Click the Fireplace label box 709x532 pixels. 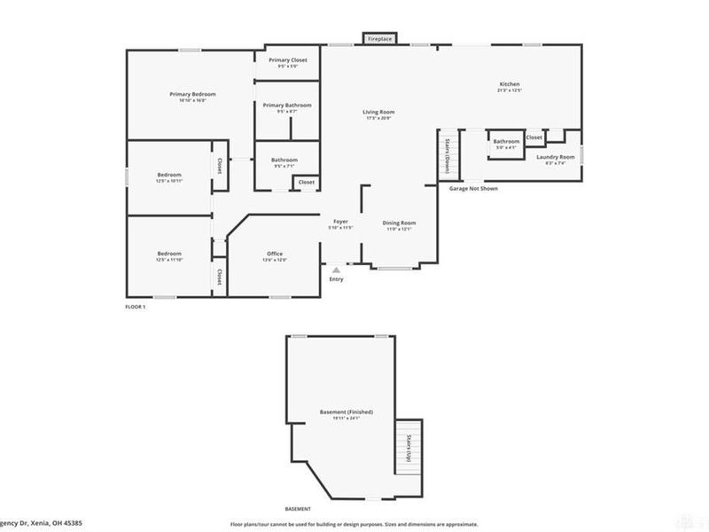click(378, 39)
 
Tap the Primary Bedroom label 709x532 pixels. click(193, 94)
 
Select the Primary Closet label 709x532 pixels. click(287, 60)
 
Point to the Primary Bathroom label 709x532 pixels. click(287, 106)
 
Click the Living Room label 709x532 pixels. click(378, 113)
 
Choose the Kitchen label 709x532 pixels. click(509, 84)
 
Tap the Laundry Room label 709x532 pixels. click(556, 157)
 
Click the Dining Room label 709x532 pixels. click(398, 223)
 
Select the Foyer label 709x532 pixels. click(340, 221)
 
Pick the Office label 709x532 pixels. click(275, 254)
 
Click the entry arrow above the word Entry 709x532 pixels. click(336, 268)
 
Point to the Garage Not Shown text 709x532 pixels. click(473, 189)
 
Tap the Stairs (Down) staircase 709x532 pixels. click(448, 156)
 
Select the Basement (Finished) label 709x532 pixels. click(346, 412)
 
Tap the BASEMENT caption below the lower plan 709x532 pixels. click(297, 508)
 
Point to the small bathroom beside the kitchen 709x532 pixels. click(506, 143)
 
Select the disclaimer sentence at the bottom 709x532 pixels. click(354, 525)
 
